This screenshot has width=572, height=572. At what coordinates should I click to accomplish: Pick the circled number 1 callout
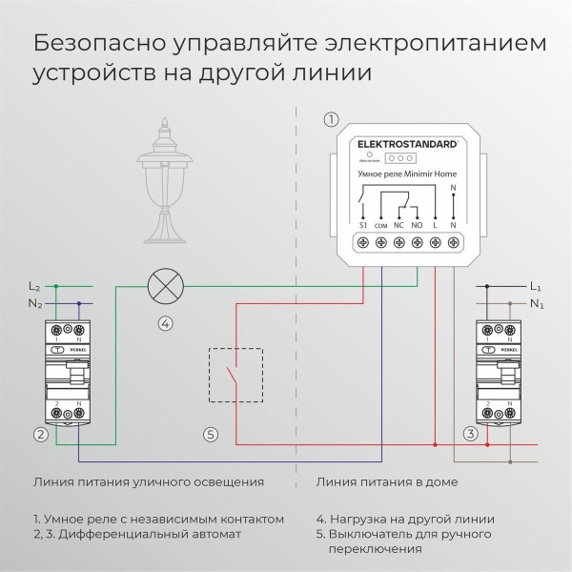coord(331,119)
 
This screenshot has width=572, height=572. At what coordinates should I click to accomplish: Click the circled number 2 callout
coord(40,435)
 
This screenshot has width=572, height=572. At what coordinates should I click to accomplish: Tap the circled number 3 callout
coord(470,435)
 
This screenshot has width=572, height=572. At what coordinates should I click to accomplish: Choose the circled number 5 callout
coord(211,435)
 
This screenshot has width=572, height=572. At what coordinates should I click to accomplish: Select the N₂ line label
coord(34,304)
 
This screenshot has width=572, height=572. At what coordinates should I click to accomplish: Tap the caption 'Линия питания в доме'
coord(386,482)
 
